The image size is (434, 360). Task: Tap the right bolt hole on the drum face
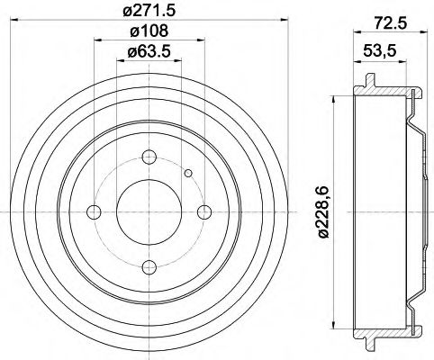(x=205, y=212)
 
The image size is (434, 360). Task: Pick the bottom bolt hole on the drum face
(x=149, y=267)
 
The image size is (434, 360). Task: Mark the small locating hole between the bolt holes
(x=188, y=174)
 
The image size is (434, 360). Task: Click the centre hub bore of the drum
(x=149, y=212)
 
